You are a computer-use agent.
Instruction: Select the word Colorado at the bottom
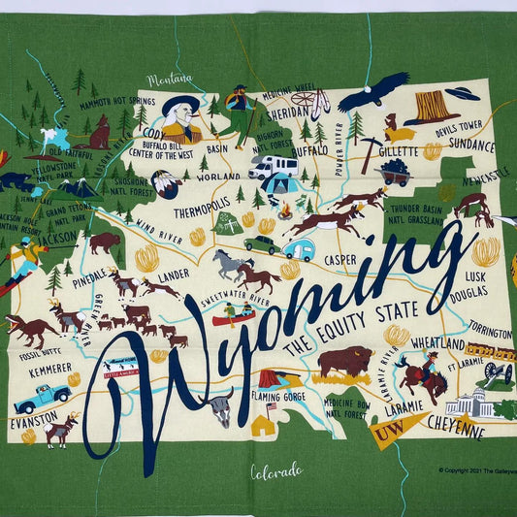click(276, 472)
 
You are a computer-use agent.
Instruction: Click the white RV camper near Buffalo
click(272, 167)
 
